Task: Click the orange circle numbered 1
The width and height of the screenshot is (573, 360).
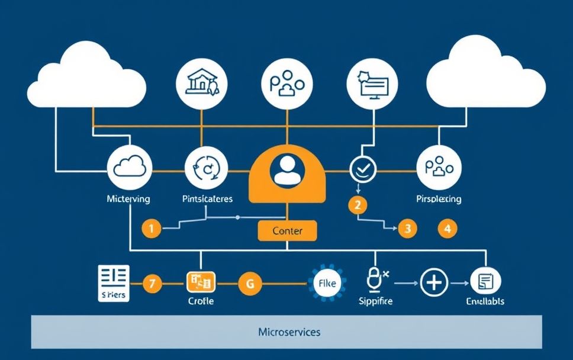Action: click(x=152, y=228)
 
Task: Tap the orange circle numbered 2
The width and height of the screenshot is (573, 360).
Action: click(x=358, y=205)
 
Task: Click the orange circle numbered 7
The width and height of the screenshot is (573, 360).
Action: click(x=152, y=283)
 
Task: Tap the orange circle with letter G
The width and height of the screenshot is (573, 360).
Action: click(x=249, y=283)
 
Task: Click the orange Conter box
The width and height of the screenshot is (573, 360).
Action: click(x=287, y=230)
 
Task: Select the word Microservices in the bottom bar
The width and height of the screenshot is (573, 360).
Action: click(x=289, y=332)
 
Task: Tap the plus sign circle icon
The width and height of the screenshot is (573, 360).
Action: click(x=434, y=283)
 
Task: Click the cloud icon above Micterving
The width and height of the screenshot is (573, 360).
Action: click(x=129, y=168)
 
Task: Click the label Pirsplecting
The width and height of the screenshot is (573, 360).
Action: click(x=439, y=199)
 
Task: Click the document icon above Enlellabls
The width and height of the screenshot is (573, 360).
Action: click(x=484, y=282)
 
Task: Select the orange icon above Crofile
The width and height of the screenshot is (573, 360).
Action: click(x=201, y=282)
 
